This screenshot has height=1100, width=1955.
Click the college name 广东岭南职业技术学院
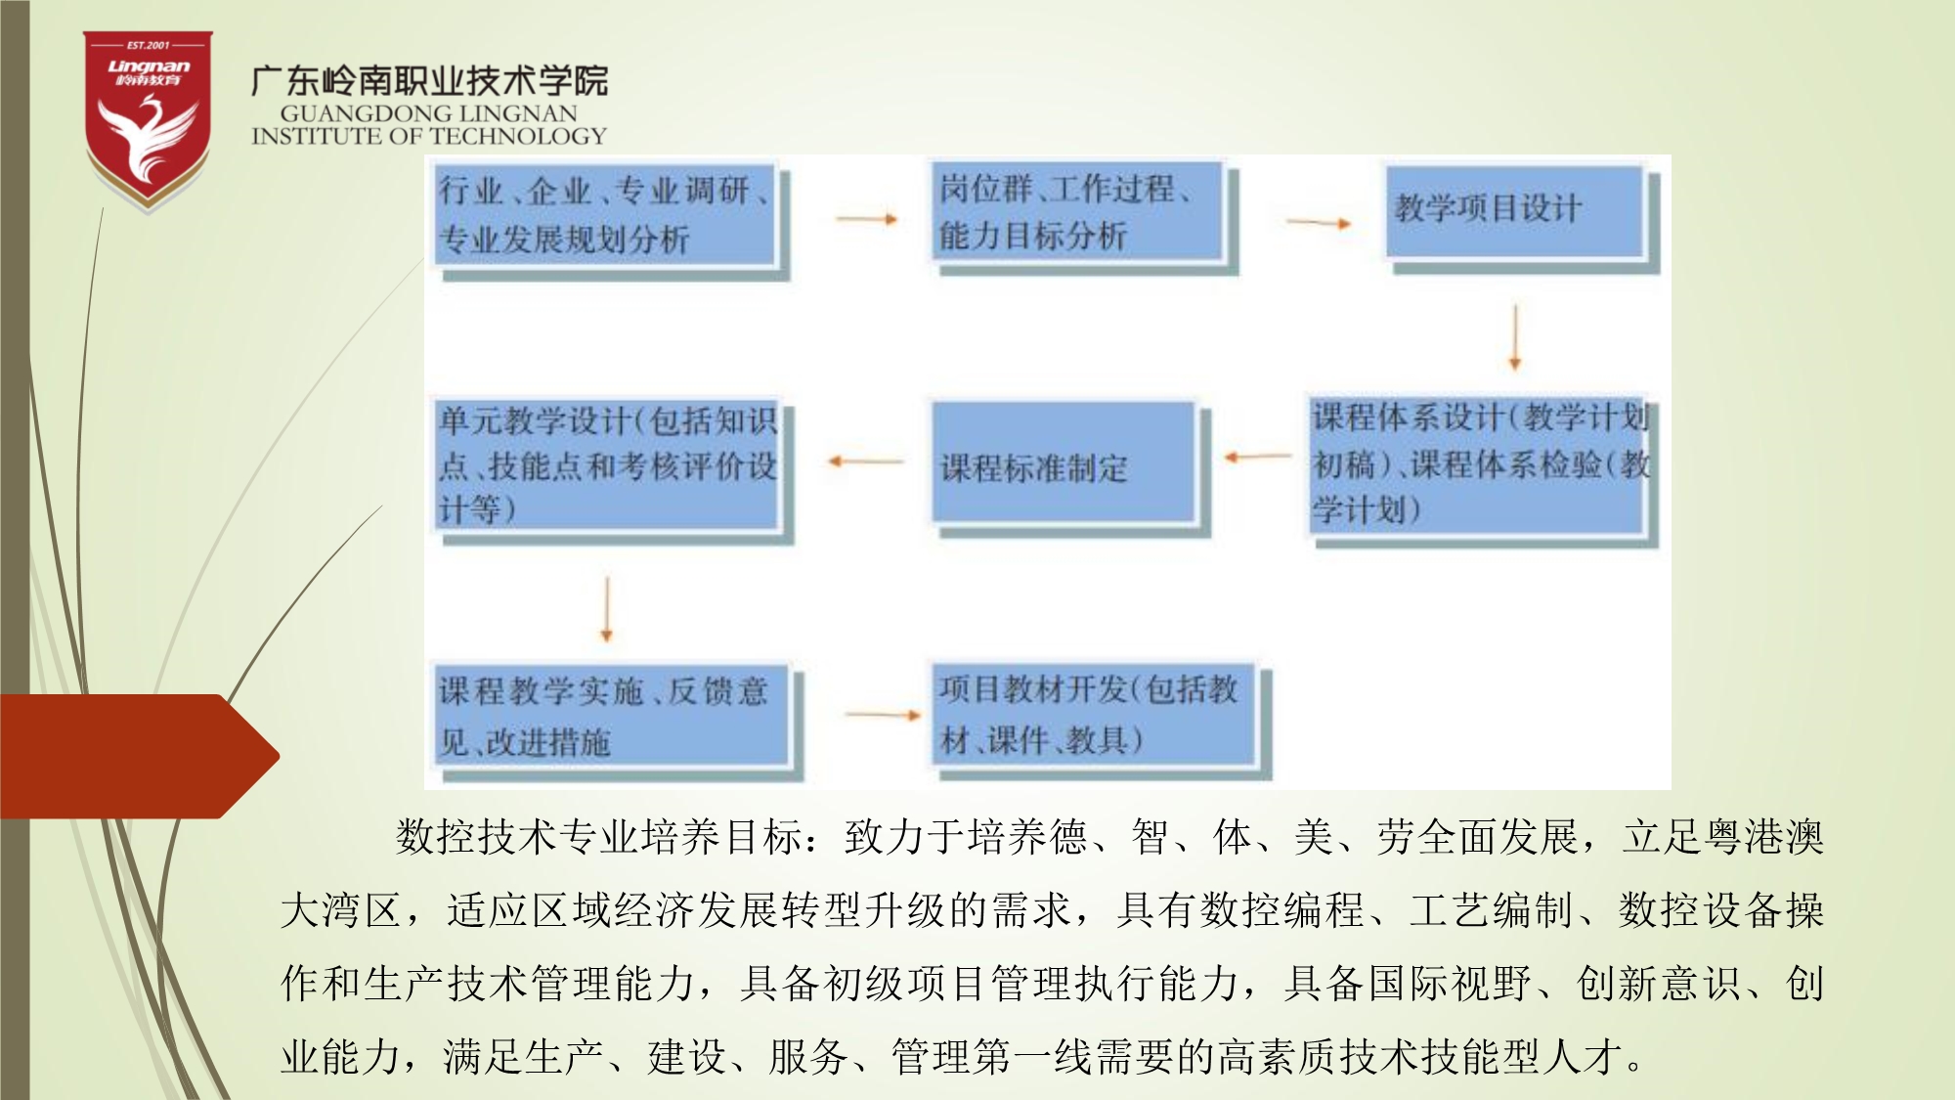[429, 80]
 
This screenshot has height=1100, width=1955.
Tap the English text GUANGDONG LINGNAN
[429, 113]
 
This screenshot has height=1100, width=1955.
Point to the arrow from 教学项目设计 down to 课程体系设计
[1515, 336]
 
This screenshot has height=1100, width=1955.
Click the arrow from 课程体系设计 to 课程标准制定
[1258, 456]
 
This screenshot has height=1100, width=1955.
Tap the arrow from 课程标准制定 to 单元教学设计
[865, 461]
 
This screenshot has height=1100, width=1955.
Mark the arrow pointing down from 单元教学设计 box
[606, 608]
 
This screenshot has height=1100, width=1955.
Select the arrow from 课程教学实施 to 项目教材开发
[883, 715]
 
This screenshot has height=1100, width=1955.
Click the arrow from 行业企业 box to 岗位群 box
[867, 219]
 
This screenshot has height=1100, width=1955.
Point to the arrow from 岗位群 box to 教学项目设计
[1319, 223]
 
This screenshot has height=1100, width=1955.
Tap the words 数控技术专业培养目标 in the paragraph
[599, 837]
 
